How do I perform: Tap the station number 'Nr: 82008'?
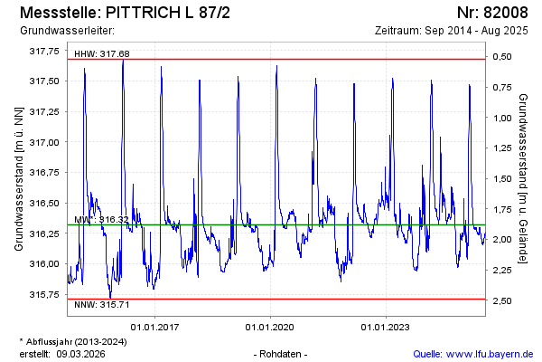pyautogui.click(x=492, y=13)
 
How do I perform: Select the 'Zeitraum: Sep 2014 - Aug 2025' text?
pyautogui.click(x=452, y=31)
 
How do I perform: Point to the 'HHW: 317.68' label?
pyautogui.click(x=102, y=54)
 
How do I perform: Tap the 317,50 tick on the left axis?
pyautogui.click(x=45, y=81)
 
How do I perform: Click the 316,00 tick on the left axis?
pyautogui.click(x=45, y=264)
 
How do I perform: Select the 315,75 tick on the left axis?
pyautogui.click(x=45, y=294)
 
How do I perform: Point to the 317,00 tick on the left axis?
pyautogui.click(x=45, y=142)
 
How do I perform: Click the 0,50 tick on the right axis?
pyautogui.click(x=501, y=57)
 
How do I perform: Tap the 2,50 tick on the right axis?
pyautogui.click(x=501, y=300)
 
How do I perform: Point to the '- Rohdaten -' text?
pyautogui.click(x=282, y=353)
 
